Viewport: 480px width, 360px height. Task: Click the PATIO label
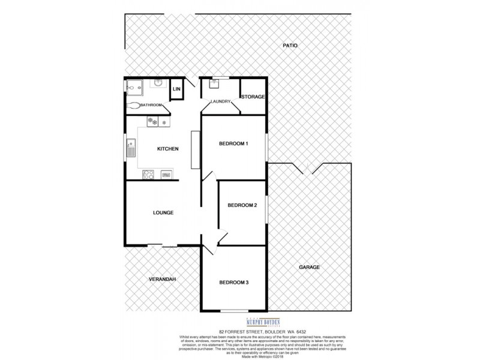290,46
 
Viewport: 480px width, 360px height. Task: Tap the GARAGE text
310,268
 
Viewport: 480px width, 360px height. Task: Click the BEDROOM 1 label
233,144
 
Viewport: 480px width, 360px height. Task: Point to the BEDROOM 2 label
242,206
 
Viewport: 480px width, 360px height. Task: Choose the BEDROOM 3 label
233,283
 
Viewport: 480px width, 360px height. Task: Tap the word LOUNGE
163,212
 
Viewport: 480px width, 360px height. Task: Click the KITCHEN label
167,149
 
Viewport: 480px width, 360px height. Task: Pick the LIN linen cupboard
176,89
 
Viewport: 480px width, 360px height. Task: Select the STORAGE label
253,97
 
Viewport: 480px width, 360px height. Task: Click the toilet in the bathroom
134,105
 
